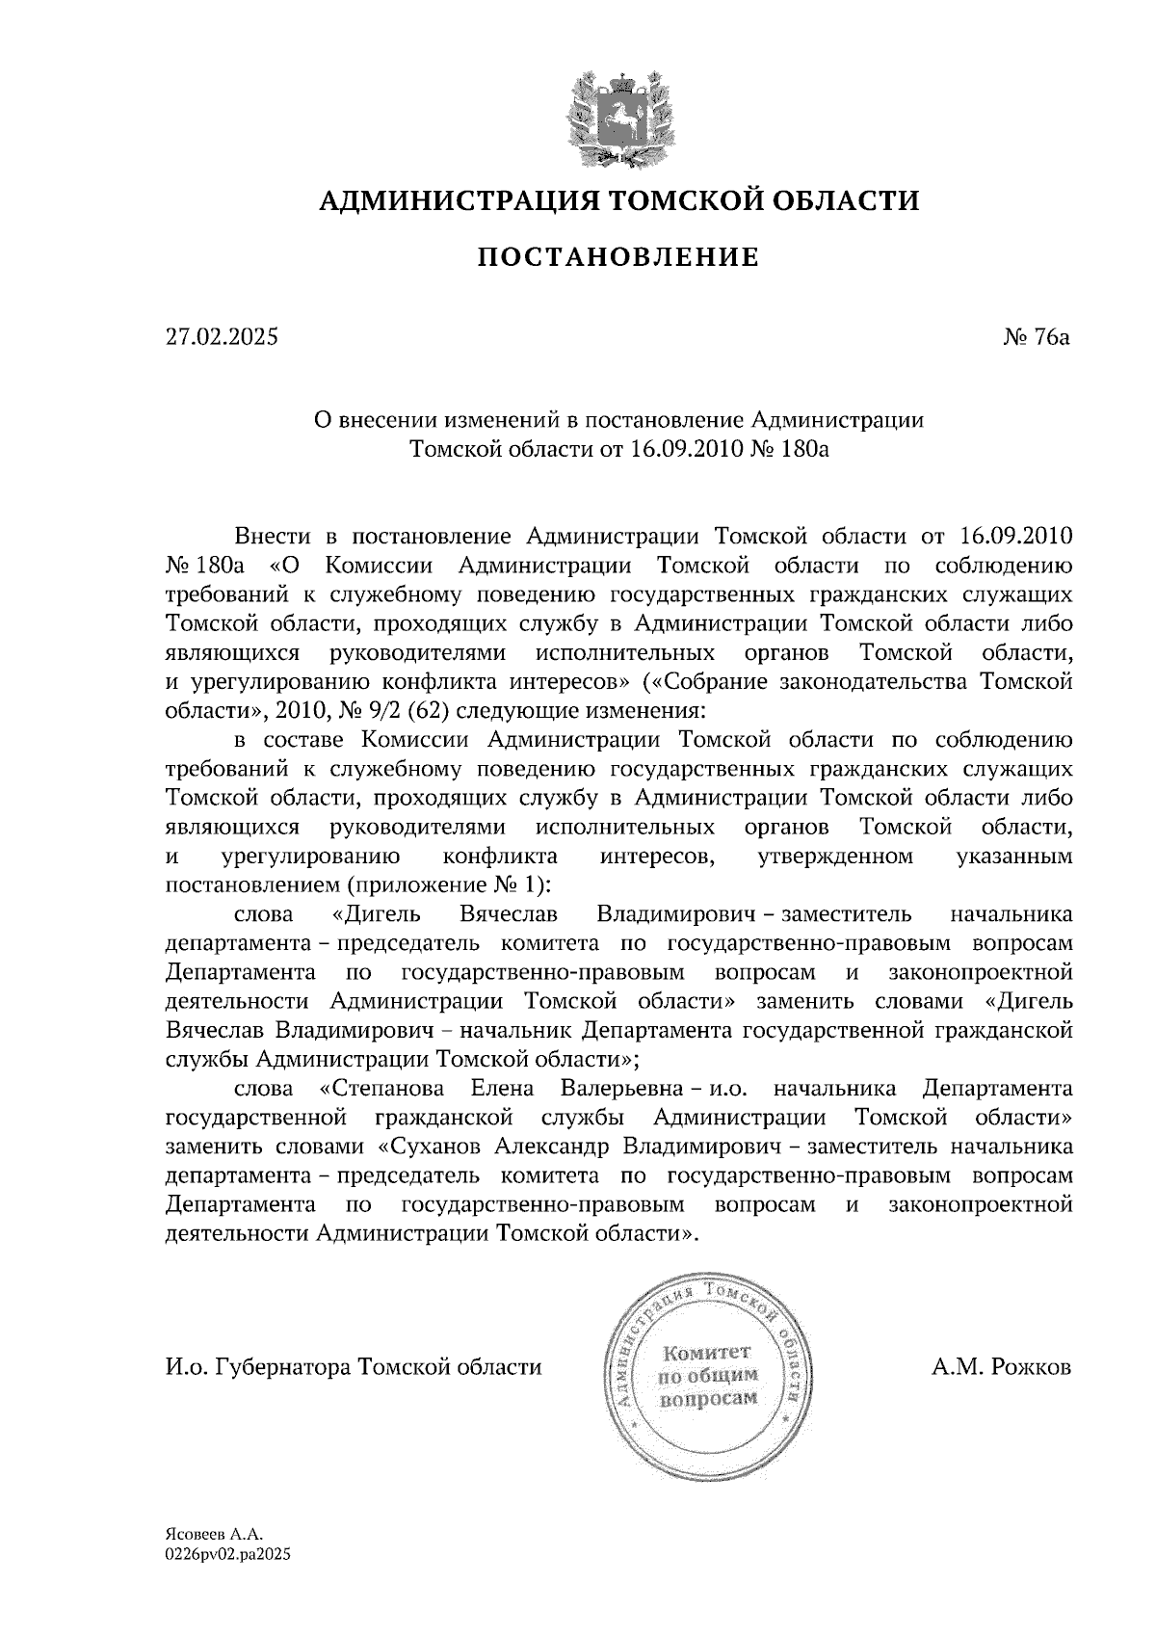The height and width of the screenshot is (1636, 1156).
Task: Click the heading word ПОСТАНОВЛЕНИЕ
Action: [x=618, y=257]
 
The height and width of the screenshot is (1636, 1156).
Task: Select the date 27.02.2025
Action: [x=221, y=337]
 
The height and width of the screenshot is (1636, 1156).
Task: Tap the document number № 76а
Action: [x=1037, y=337]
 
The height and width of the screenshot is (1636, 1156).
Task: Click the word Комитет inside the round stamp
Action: [x=707, y=1355]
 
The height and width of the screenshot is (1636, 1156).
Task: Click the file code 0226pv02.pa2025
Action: [x=227, y=1553]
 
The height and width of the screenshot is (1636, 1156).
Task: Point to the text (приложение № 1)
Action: [x=448, y=884]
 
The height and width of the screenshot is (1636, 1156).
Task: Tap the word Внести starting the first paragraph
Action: [x=272, y=536]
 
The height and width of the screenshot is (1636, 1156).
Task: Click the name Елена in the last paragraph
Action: [x=500, y=1089]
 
